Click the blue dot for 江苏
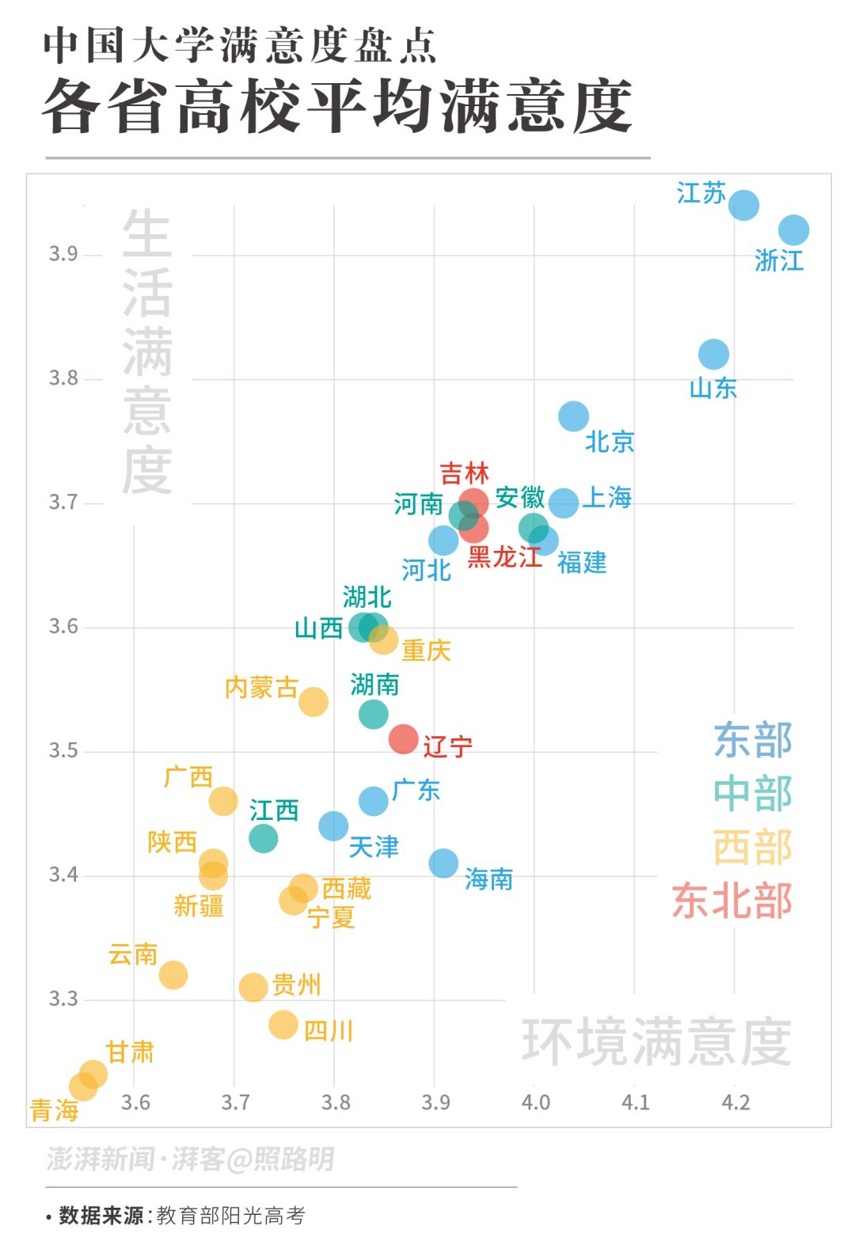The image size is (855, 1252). coord(743,205)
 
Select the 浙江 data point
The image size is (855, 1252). coord(793,230)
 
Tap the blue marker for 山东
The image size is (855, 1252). coord(713,354)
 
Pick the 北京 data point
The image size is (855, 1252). coord(573,415)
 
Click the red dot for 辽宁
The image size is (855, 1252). coord(404,739)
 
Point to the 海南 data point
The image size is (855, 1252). coord(443,863)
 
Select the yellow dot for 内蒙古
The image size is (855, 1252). coord(313,701)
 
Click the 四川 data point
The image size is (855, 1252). coord(283,1024)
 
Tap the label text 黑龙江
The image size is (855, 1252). coord(504,557)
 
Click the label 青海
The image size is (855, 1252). coord(54,1110)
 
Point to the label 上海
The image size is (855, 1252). coord(607,498)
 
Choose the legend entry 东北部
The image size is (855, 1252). coord(731,901)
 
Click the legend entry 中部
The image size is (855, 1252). coord(752,794)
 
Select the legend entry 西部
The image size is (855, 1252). coord(752,847)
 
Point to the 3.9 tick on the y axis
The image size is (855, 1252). coord(63,254)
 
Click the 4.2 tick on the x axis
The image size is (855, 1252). coord(735,1102)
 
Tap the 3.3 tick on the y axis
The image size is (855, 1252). coord(63,999)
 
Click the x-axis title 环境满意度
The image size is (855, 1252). coord(656,1041)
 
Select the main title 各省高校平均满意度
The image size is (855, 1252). coord(337,107)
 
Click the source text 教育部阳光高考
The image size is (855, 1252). coord(230,1216)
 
